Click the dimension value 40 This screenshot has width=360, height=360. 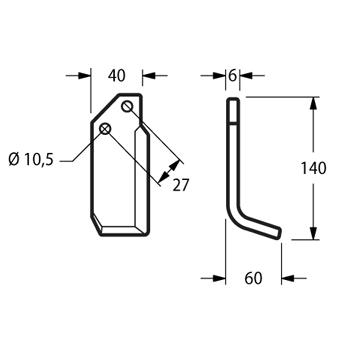117,76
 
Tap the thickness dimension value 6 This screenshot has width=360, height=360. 232,76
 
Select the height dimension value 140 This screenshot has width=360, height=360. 313,168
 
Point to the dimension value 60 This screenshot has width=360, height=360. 253,278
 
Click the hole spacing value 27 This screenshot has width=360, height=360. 181,185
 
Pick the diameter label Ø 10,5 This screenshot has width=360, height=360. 31,160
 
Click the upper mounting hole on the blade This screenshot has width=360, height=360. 127,107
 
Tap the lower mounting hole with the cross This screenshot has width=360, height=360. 105,128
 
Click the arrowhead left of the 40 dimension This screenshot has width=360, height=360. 84,76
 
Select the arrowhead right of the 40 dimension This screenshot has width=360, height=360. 149,76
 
